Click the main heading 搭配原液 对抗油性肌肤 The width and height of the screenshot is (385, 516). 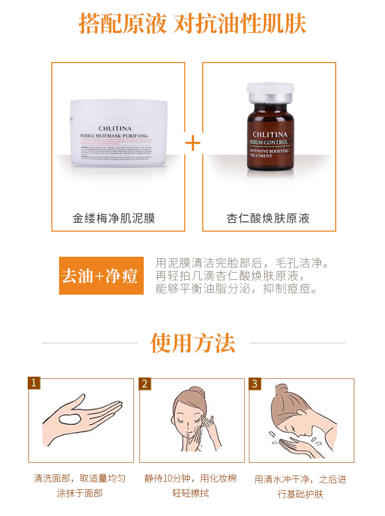click(192, 24)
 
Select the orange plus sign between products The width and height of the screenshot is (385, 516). click(193, 143)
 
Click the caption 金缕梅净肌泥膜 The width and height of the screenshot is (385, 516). click(114, 219)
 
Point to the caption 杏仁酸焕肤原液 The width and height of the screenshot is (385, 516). click(268, 219)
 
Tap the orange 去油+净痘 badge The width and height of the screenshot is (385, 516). click(101, 276)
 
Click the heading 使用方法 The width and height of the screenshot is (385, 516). click(192, 343)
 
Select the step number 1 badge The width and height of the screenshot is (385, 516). click(34, 383)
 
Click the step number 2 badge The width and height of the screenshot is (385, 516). click(145, 383)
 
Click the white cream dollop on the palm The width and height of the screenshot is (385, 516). click(68, 419)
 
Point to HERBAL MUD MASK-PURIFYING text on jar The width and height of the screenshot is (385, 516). click(118, 136)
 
